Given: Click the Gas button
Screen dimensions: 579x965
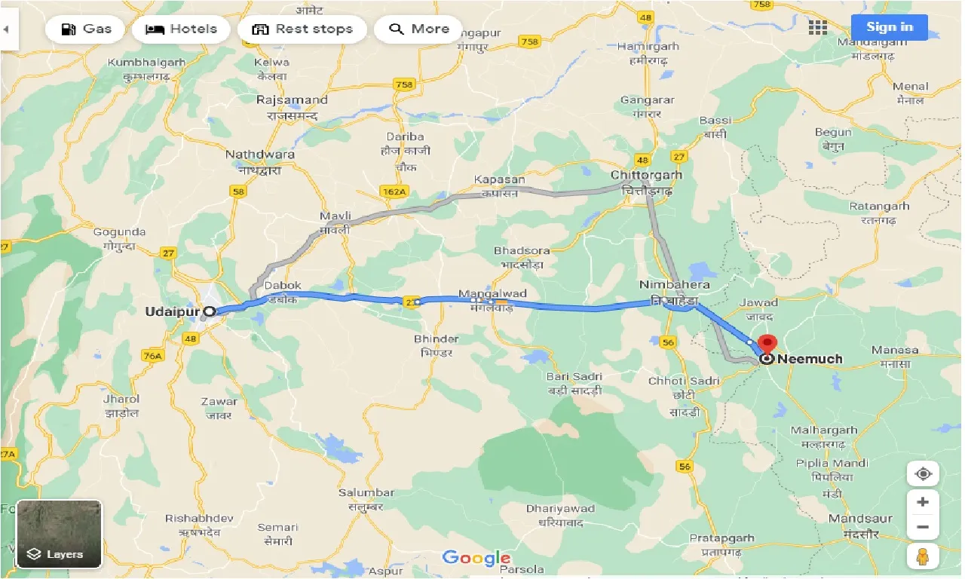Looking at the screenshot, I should point(85,29).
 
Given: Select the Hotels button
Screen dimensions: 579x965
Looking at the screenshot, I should point(180,29).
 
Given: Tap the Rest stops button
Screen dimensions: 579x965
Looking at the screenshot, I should point(302,29).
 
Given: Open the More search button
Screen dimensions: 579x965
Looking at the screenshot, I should point(418,29).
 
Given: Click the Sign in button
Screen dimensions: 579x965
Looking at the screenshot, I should point(889,27).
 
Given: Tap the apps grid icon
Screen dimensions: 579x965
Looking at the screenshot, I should point(817,28).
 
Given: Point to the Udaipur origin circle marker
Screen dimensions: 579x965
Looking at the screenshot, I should point(210,311).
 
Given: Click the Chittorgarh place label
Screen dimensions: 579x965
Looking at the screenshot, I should point(646,175).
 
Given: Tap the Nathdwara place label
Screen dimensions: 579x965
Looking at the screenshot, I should point(260,155).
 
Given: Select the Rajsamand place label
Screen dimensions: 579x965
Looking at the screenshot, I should point(292,100).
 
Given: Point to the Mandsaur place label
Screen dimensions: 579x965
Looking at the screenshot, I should point(860,519).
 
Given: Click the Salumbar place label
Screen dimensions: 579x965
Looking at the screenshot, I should point(366,492).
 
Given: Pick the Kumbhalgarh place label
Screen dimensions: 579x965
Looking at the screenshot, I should point(146,63).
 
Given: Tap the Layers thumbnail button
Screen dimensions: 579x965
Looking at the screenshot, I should point(59,534).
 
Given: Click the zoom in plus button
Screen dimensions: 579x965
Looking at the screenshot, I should point(922,502).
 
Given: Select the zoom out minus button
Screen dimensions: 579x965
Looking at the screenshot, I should point(922,527).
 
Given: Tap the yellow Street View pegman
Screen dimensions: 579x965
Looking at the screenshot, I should point(922,557).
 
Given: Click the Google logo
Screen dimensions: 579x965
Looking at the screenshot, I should point(476,558).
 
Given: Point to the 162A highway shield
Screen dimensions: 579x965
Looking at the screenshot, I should point(394,192).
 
